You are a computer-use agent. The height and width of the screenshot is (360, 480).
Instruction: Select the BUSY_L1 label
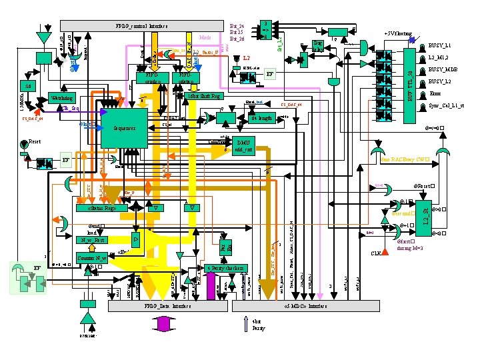[x=439, y=45]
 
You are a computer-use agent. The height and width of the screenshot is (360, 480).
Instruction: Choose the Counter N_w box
[x=92, y=257]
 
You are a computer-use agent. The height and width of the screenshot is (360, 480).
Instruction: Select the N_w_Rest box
[x=92, y=239]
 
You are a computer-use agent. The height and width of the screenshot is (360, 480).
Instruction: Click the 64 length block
[x=261, y=119]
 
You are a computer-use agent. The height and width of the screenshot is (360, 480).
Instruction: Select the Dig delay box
[x=319, y=45]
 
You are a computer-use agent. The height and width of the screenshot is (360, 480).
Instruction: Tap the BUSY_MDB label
[x=443, y=69]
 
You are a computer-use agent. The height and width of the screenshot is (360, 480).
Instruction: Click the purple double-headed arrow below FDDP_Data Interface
[x=164, y=324]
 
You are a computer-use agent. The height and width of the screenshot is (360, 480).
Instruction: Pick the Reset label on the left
[x=35, y=142]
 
